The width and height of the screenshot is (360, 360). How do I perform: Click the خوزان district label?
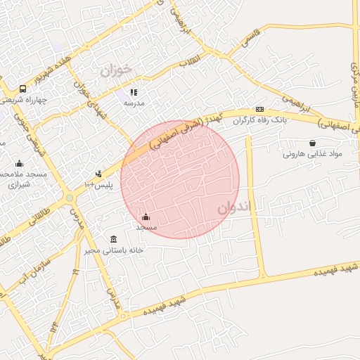(116, 71)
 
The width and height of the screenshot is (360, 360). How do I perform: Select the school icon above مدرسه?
(134, 92)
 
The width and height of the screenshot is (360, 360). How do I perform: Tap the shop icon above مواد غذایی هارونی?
(311, 143)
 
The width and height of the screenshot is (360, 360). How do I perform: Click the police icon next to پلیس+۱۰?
(99, 173)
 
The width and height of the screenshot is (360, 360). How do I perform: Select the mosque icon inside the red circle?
(146, 217)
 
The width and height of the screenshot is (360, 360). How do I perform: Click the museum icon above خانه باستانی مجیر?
(114, 239)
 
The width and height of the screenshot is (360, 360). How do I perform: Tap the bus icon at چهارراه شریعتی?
(22, 89)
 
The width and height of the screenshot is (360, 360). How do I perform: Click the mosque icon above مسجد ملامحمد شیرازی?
(19, 163)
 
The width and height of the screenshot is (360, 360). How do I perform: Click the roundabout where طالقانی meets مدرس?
(70, 199)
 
